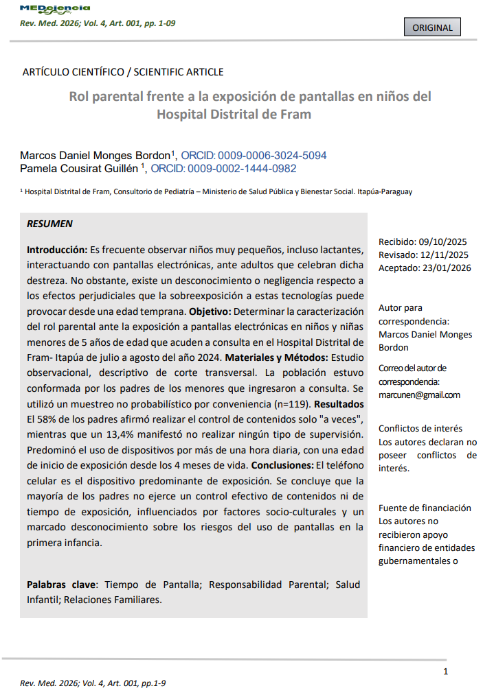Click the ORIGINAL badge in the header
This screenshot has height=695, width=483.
pyautogui.click(x=432, y=27)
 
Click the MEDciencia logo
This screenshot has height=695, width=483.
pyautogui.click(x=55, y=8)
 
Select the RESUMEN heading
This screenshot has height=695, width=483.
pyautogui.click(x=49, y=224)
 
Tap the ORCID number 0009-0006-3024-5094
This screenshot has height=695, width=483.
pyautogui.click(x=273, y=155)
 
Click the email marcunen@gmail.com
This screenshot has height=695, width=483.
pyautogui.click(x=419, y=394)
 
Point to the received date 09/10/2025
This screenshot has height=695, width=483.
pyautogui.click(x=442, y=242)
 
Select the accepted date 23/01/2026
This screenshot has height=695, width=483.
pyautogui.click(x=445, y=268)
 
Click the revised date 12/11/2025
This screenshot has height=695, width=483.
pyautogui.click(x=442, y=255)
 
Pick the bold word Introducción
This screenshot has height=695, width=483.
pyautogui.click(x=57, y=249)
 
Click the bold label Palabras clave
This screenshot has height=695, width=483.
pyautogui.click(x=61, y=585)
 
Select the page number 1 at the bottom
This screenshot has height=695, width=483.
pyautogui.click(x=446, y=671)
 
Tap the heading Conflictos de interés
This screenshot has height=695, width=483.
pyautogui.click(x=420, y=429)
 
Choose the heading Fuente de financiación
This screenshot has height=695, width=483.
pyautogui.click(x=425, y=508)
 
